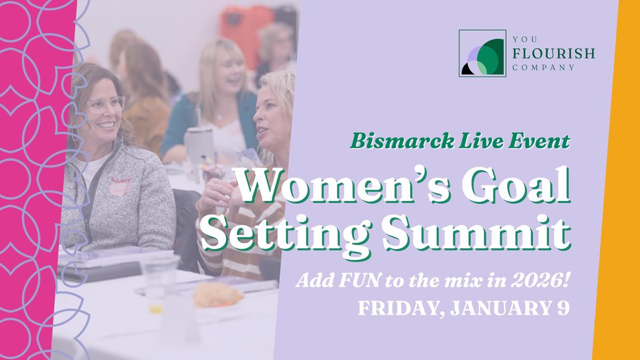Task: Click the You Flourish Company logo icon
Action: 482,53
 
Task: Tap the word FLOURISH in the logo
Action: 553,53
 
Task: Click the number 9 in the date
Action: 564,309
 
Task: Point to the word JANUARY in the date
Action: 498,309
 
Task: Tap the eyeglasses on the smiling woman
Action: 105,104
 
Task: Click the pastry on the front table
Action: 218,294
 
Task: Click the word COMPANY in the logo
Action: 543,68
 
